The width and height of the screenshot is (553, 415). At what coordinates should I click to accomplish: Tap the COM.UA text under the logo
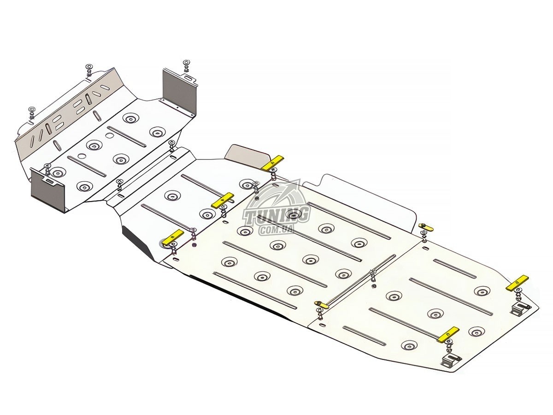[276, 230]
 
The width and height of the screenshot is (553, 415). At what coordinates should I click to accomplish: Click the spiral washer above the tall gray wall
[186, 62]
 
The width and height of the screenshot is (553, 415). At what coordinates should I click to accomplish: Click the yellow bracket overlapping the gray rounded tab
[273, 163]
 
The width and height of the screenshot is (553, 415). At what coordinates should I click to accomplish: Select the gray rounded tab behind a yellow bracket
[247, 155]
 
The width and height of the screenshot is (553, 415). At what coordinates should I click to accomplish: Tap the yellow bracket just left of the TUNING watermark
[223, 200]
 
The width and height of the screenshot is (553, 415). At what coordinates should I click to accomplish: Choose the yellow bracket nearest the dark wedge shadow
[174, 237]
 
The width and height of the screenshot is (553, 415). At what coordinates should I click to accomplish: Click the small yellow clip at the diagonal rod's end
[322, 305]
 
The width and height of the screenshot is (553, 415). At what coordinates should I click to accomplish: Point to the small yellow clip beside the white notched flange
[426, 227]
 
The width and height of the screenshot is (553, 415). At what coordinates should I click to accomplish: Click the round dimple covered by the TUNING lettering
[293, 215]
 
